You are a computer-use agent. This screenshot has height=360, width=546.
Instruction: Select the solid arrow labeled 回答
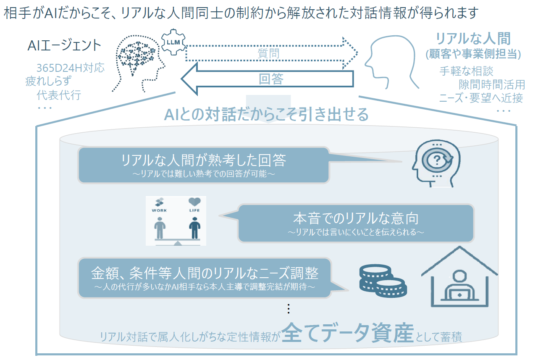point(269,79)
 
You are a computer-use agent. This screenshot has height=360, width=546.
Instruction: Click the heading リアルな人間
point(473,39)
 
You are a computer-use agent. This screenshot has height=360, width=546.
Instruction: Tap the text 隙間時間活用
point(491,84)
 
